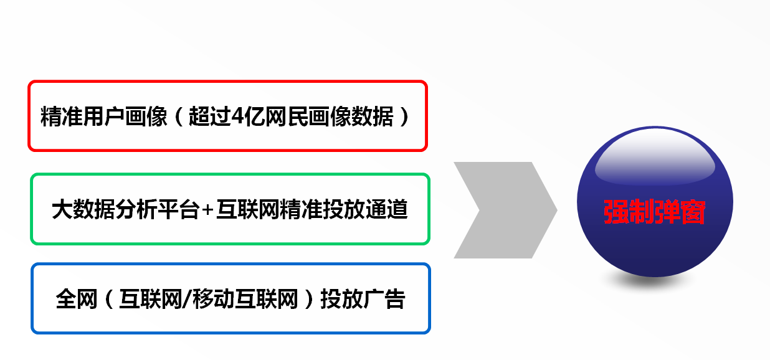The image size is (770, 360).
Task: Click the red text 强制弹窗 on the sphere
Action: point(655,212)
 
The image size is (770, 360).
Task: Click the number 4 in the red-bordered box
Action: point(237,116)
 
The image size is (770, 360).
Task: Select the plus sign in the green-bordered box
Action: point(207,210)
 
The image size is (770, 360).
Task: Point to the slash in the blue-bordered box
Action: point(188,299)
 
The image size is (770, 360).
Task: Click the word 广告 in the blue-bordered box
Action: point(384,299)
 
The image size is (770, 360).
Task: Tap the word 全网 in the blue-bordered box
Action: point(76,299)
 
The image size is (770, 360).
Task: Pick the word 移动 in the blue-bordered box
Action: point(214,299)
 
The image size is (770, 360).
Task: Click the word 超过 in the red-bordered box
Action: point(210,116)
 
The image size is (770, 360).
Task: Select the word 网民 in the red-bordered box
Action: point(287,116)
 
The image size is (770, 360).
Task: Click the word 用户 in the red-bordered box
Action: point(104,116)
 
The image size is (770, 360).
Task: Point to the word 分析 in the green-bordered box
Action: point(136,209)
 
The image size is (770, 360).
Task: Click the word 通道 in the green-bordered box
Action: point(387,209)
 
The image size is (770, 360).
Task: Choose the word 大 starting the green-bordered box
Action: point(62,209)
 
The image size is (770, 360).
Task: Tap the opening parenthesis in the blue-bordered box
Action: point(109,299)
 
